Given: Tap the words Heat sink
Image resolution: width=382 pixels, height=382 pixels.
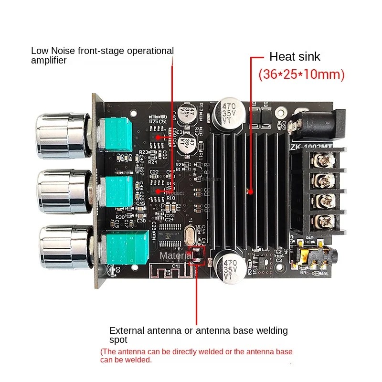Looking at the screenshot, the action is tap(295, 56).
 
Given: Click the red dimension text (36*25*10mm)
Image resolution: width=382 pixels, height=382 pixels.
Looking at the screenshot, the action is tap(301, 74).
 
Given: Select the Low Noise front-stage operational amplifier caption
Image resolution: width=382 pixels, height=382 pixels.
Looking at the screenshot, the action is tap(102, 55).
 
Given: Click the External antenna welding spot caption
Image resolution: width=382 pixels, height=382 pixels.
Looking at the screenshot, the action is tap(198, 335).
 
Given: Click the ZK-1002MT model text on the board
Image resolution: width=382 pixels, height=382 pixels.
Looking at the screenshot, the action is tap(310, 146).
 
